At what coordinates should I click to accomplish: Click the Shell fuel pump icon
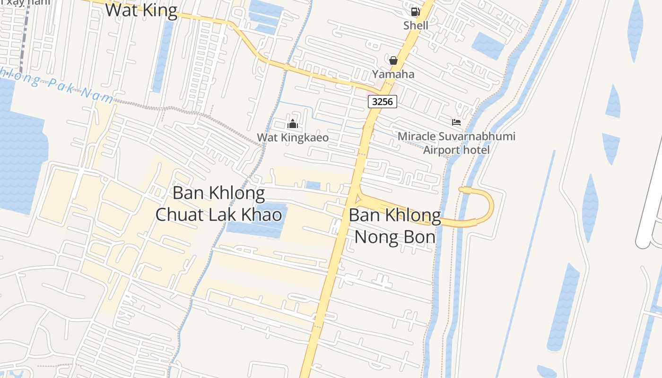coord(415,12)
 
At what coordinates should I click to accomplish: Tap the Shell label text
coord(416,26)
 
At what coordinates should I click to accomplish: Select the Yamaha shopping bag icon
coord(393,60)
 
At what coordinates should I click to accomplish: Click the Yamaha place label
coord(393,74)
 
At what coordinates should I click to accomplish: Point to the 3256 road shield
coord(382,101)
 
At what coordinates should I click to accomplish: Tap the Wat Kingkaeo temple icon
coord(293,124)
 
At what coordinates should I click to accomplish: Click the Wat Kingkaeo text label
coord(293,137)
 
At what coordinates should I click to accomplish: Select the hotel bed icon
coord(456,122)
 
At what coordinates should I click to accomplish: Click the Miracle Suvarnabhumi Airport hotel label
coord(456,143)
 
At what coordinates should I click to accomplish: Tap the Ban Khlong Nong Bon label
coord(395,226)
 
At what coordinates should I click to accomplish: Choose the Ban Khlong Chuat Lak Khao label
coord(218,204)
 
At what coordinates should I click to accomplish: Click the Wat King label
coord(141,10)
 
